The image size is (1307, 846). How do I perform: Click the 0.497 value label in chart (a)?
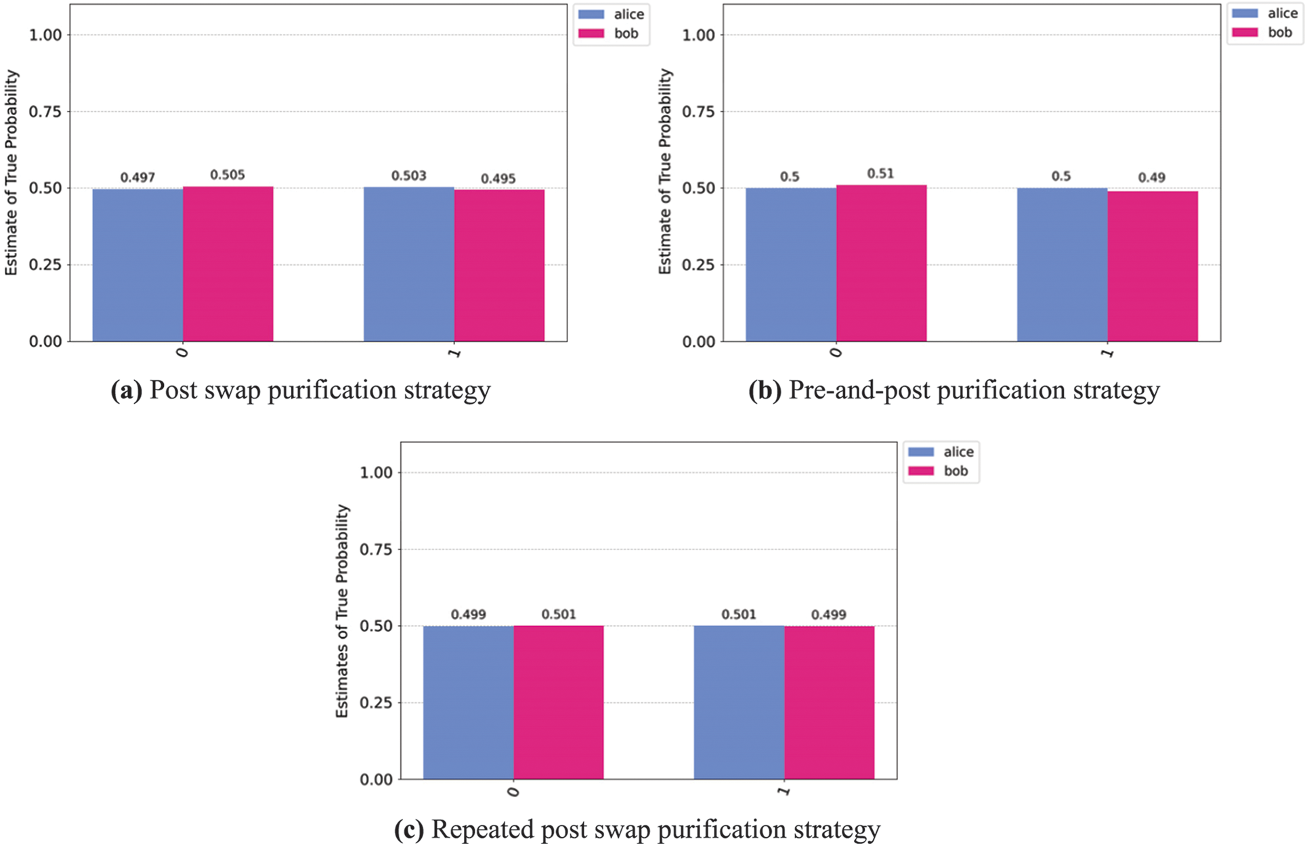[x=137, y=177]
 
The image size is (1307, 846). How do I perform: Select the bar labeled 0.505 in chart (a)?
[x=228, y=264]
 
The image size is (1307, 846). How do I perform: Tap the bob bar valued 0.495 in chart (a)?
[x=499, y=266]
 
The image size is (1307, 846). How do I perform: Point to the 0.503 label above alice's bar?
[x=408, y=176]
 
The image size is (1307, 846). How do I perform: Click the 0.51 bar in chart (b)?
[x=881, y=263]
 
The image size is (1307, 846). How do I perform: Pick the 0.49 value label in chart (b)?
[x=1151, y=177]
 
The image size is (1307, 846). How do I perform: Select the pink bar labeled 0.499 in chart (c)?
[x=829, y=702]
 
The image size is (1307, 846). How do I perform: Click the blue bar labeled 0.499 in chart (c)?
[x=468, y=702]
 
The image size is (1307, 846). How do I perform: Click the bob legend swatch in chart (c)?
[x=920, y=471]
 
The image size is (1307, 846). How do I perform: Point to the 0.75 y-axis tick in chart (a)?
[x=45, y=112]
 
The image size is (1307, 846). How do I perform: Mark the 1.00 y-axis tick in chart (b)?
[x=698, y=35]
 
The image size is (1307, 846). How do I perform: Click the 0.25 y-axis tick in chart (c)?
[x=376, y=703]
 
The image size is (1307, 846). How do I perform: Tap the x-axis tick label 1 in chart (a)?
[x=454, y=353]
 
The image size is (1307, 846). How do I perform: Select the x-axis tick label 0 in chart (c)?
[x=513, y=791]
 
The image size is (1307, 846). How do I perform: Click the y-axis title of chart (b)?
[x=665, y=171]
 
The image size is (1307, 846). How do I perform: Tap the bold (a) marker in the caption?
[x=127, y=391]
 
